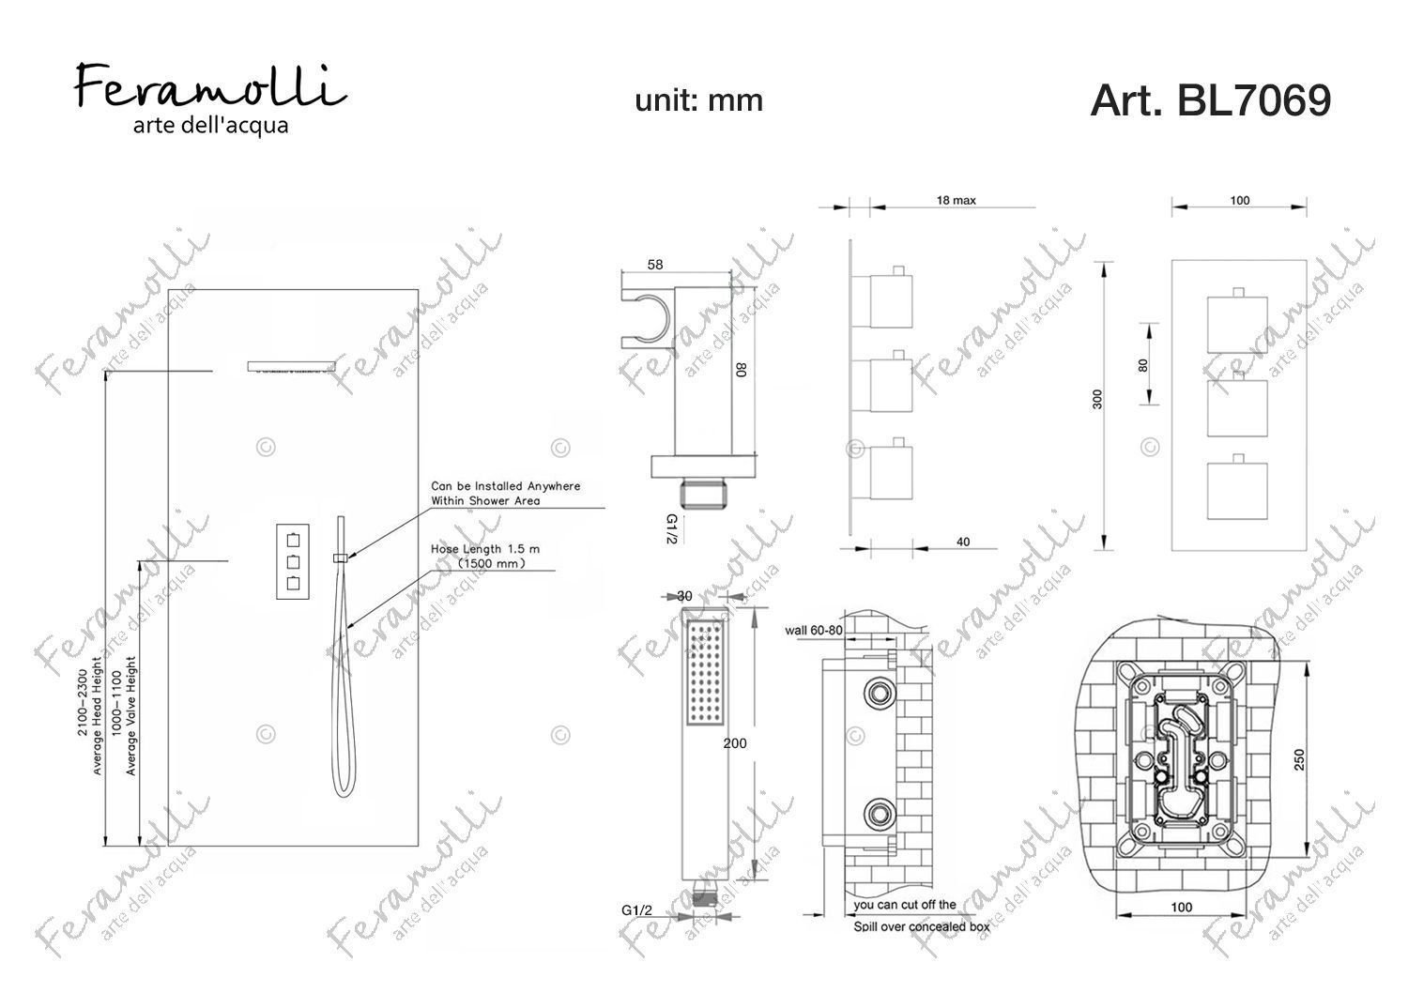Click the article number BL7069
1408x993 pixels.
(x=1254, y=100)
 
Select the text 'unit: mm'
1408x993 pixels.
(x=699, y=100)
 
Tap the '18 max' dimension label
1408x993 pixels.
(x=957, y=201)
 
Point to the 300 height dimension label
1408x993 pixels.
(x=1097, y=400)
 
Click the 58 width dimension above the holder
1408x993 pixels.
(x=655, y=265)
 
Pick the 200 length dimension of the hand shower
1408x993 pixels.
(x=735, y=743)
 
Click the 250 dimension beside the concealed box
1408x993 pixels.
(x=1300, y=760)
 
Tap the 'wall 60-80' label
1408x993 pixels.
(x=814, y=631)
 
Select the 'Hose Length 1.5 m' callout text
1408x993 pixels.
(x=485, y=549)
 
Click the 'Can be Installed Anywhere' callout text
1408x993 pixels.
(x=505, y=486)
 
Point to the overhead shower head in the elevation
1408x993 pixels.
(x=291, y=367)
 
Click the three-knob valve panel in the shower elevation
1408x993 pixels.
(x=293, y=561)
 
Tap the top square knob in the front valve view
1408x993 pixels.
(x=1238, y=326)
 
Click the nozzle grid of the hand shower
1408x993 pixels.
(x=705, y=672)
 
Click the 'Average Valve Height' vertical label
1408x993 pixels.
(x=130, y=716)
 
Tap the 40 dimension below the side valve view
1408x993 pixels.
(x=963, y=542)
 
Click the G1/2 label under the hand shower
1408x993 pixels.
(x=636, y=910)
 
